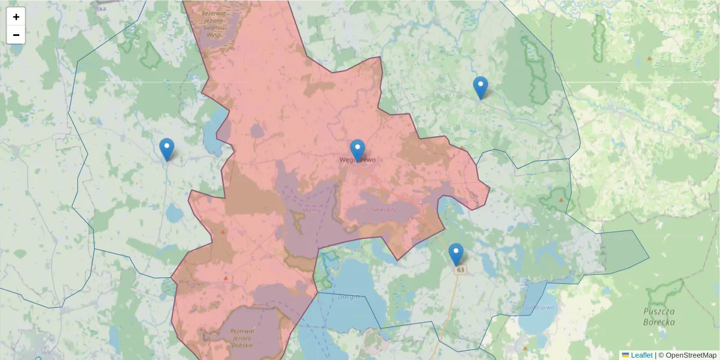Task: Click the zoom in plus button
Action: (x=16, y=17)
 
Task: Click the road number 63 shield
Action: (x=460, y=270)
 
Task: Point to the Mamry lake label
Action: (x=313, y=211)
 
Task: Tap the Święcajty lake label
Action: (x=383, y=210)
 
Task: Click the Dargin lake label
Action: (x=349, y=296)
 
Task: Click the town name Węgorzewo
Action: (x=358, y=160)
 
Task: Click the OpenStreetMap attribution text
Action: (x=687, y=355)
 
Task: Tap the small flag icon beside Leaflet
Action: (x=626, y=355)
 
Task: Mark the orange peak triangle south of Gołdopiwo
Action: (x=526, y=348)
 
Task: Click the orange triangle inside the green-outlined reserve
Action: (x=561, y=199)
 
